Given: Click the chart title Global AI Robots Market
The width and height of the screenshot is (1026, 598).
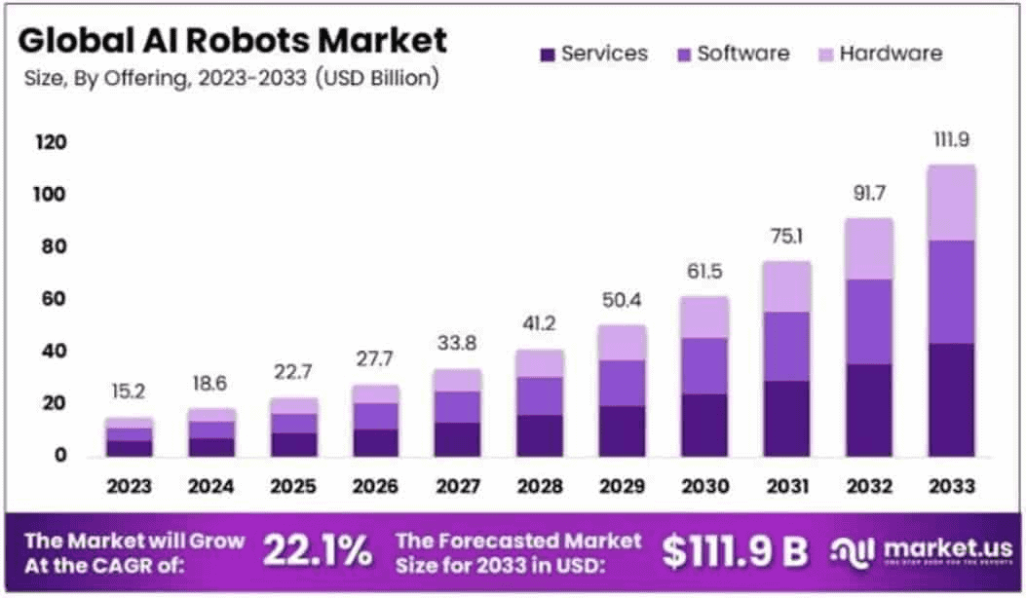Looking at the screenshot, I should pos(234,41).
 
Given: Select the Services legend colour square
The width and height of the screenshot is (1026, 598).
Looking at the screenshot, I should pos(547,55).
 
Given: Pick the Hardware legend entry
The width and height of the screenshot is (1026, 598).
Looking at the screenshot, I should pos(878,54).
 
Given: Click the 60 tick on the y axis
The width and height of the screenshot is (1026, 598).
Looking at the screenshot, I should pos(55,299).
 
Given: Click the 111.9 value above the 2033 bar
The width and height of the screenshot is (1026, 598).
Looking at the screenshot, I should pos(951,141).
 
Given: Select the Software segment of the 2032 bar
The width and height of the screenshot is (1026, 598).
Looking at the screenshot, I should pos(869,321).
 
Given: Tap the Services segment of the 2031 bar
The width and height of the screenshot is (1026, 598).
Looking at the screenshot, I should pos(787,418).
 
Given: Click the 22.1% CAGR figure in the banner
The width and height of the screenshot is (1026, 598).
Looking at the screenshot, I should pos(318,552).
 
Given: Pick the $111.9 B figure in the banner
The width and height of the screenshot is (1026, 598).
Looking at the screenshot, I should pos(736,552).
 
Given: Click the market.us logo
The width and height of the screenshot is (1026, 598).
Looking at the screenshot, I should pos(922,551).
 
